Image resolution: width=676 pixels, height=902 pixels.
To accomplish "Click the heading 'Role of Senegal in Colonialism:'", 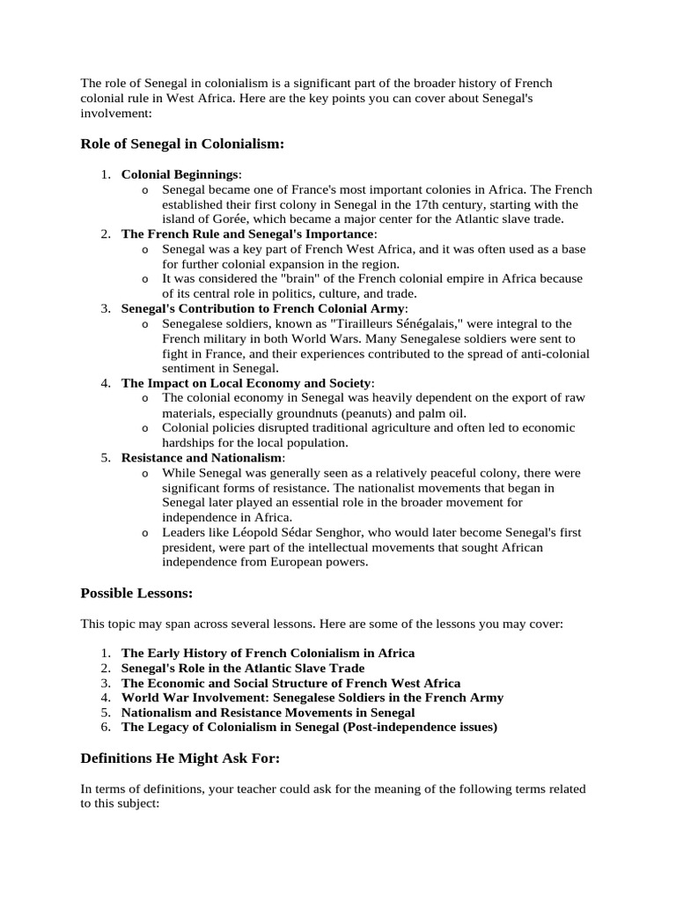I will click(x=182, y=144).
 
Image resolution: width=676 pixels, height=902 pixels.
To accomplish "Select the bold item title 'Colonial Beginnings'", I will click(x=180, y=174).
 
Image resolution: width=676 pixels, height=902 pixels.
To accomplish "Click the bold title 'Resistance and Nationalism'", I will click(x=202, y=458).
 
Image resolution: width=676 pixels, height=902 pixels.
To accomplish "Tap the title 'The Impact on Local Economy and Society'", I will click(x=246, y=383).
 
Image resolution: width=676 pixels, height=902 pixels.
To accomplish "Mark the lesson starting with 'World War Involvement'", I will click(x=312, y=697).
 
